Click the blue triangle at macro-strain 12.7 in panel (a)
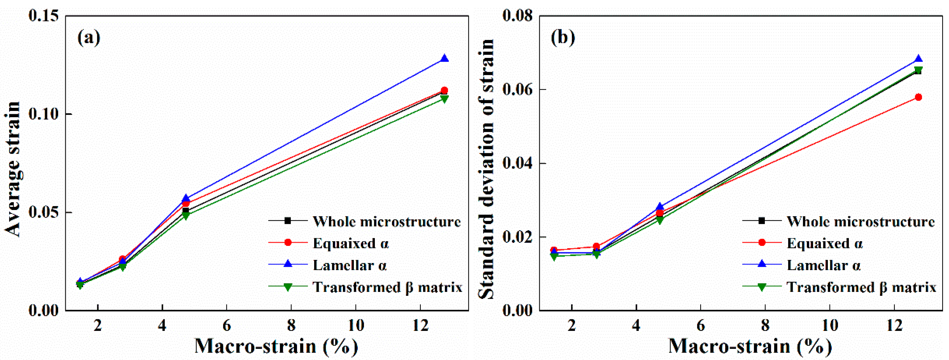click(x=444, y=58)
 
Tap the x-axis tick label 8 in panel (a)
click(x=291, y=326)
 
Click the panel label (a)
click(x=89, y=38)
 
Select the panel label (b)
click(x=562, y=38)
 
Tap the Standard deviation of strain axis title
click(x=486, y=169)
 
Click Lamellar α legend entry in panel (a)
click(x=349, y=265)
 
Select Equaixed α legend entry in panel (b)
click(x=824, y=244)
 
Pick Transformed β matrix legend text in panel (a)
click(x=387, y=287)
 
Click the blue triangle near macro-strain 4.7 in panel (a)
click(x=186, y=199)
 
